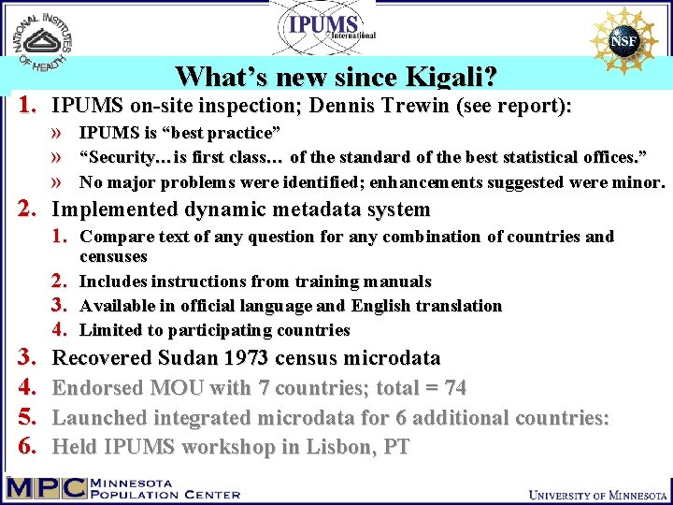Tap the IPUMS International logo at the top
[323, 28]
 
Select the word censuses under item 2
[113, 256]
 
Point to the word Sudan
[185, 357]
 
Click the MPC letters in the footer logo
[46, 487]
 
